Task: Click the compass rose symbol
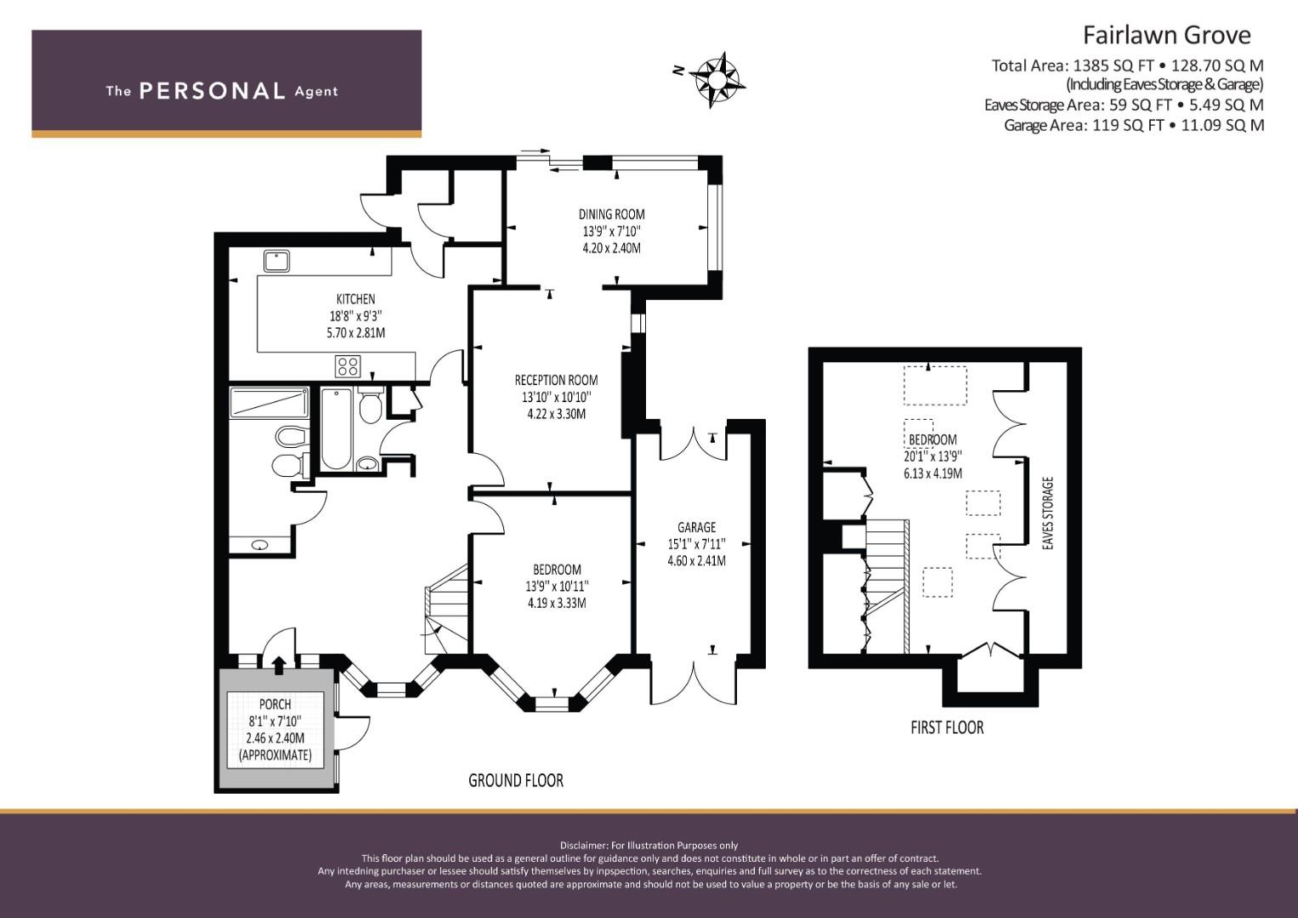pyautogui.click(x=717, y=80)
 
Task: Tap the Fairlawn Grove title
pyautogui.click(x=1165, y=35)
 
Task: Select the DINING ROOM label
pyautogui.click(x=611, y=214)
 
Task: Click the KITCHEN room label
pyautogui.click(x=355, y=298)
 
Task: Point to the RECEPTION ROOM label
pyautogui.click(x=556, y=380)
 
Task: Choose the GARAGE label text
pyautogui.click(x=696, y=527)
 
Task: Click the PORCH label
pyautogui.click(x=275, y=704)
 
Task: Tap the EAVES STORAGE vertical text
pyautogui.click(x=1047, y=513)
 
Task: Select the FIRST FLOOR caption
pyautogui.click(x=946, y=728)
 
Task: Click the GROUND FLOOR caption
pyautogui.click(x=515, y=780)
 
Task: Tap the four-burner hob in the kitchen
pyautogui.click(x=348, y=366)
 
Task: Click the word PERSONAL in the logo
pyautogui.click(x=212, y=91)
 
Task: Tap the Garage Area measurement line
pyautogui.click(x=1133, y=125)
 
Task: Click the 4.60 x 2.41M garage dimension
pyautogui.click(x=696, y=561)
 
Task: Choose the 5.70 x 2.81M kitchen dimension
pyautogui.click(x=355, y=332)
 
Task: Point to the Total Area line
pyautogui.click(x=1126, y=65)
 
